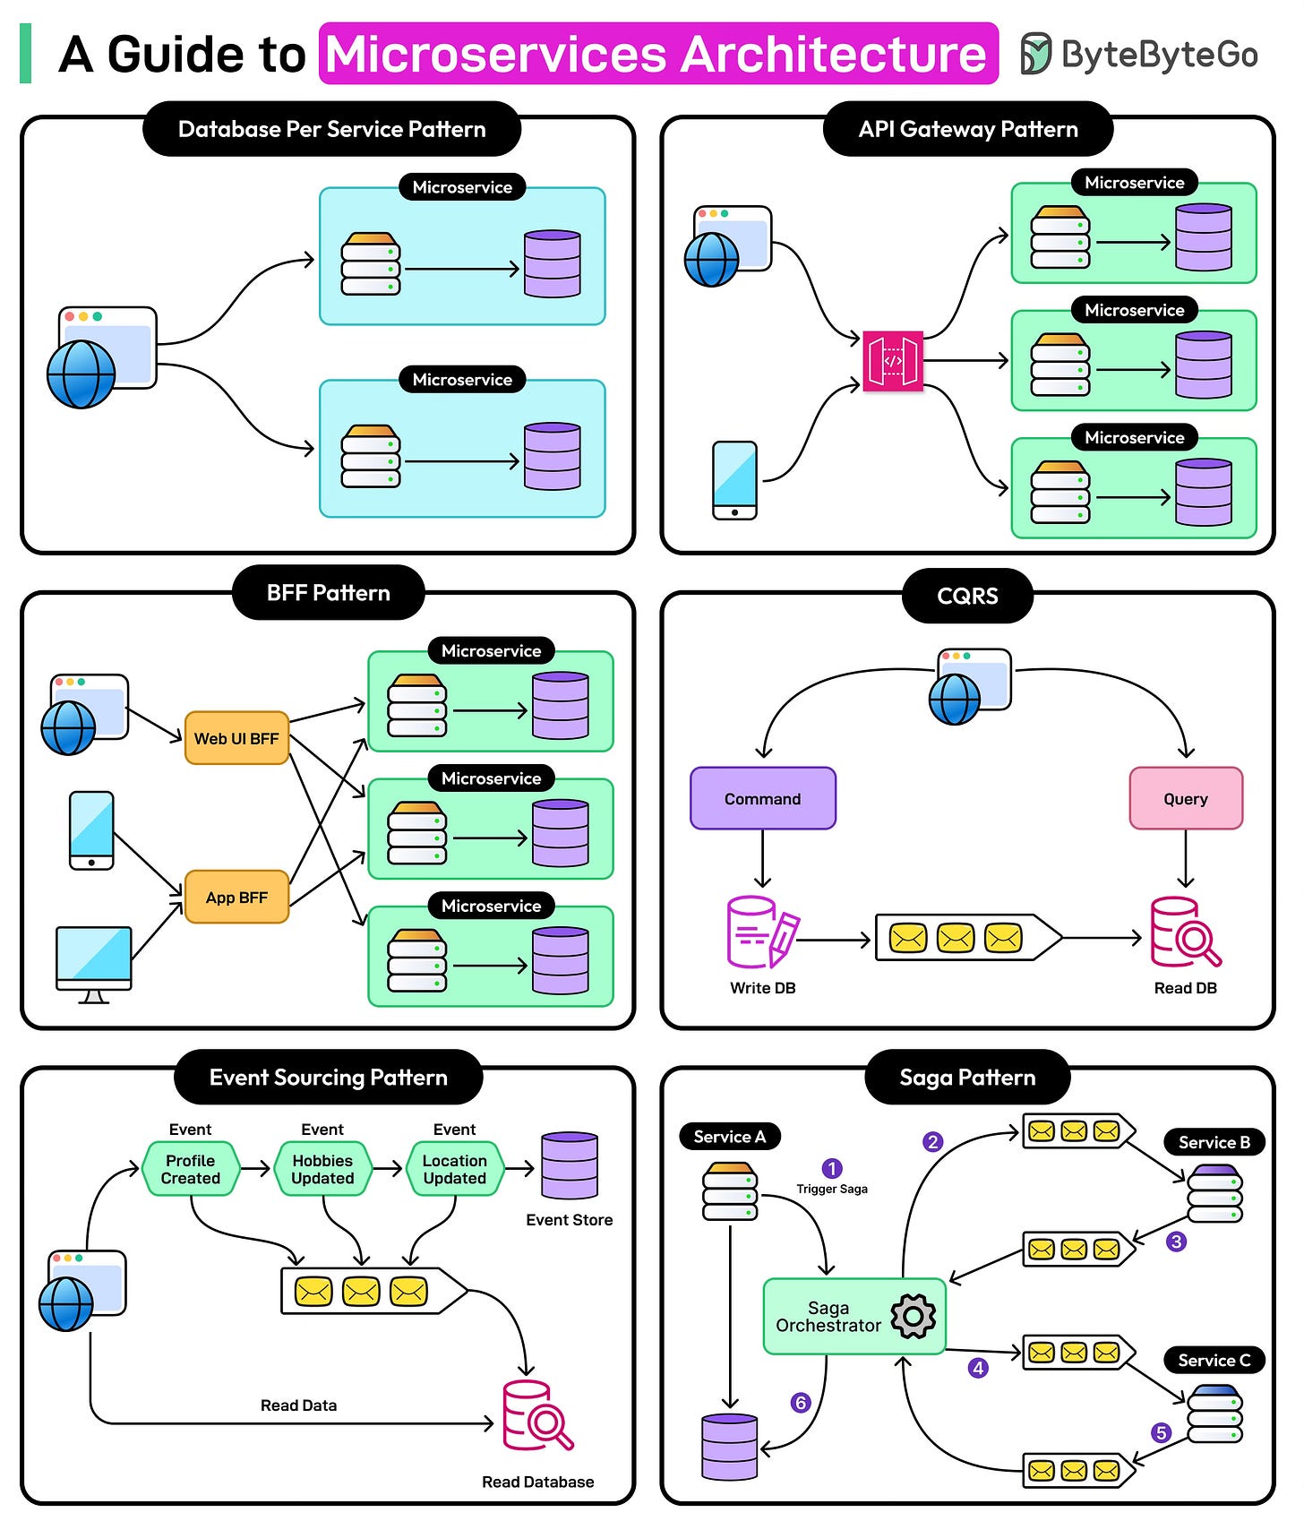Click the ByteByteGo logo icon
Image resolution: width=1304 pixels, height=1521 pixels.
click(1036, 54)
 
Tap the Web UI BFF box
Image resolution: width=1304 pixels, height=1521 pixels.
click(236, 738)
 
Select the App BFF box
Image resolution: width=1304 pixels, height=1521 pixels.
click(236, 897)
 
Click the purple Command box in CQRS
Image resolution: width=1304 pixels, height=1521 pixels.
click(762, 798)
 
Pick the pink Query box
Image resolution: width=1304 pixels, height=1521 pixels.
click(1185, 798)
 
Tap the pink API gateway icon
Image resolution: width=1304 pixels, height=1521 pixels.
click(892, 361)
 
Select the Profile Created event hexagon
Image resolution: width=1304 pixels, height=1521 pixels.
click(190, 1169)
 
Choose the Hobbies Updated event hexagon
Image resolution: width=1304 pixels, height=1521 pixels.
click(322, 1169)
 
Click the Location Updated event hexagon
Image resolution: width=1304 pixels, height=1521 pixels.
click(455, 1169)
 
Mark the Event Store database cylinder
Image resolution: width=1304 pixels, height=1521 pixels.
click(569, 1165)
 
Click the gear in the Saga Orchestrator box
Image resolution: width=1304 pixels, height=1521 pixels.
click(914, 1316)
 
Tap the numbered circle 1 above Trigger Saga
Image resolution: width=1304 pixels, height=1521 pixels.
click(831, 1168)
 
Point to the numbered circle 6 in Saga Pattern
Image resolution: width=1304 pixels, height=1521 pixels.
click(801, 1403)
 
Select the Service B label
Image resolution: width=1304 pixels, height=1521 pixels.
click(1214, 1142)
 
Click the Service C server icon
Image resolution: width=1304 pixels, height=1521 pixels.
click(1214, 1414)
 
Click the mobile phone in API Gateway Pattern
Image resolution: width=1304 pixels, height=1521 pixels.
click(734, 480)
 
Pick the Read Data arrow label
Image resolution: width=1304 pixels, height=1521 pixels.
click(298, 1405)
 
